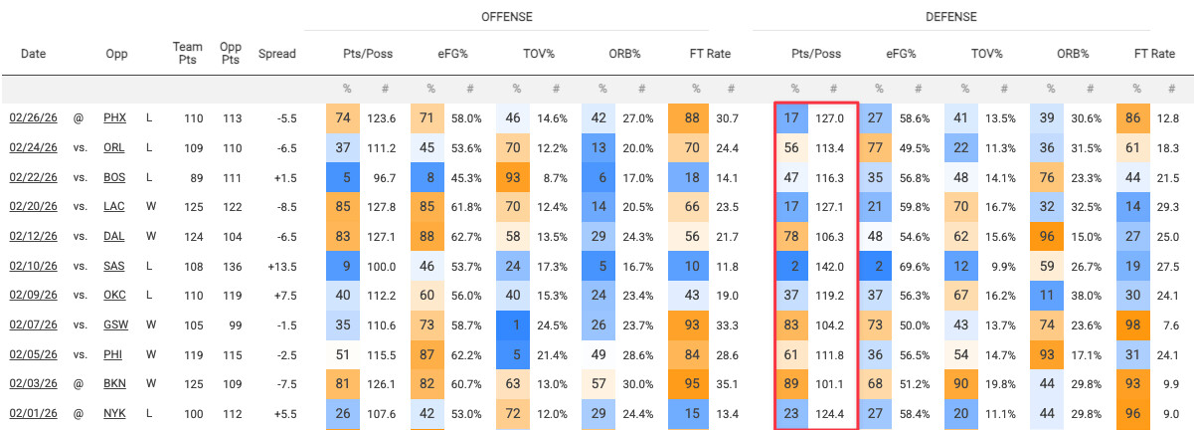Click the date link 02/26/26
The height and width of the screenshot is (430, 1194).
[33, 118]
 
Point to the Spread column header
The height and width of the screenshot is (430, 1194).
[276, 54]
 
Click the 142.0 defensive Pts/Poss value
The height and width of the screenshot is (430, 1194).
[829, 267]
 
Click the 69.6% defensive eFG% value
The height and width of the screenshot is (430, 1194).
[916, 267]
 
